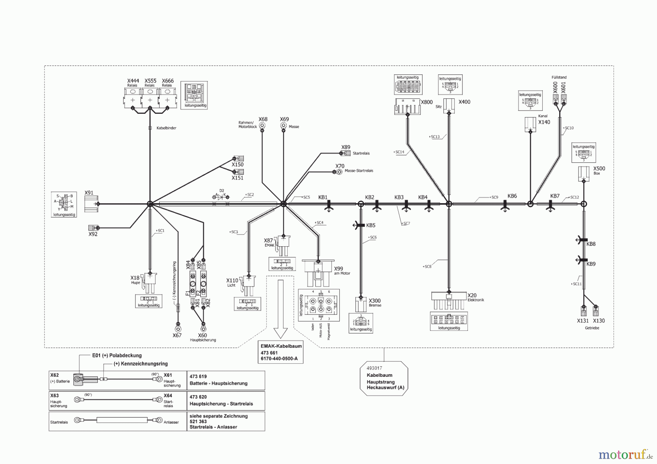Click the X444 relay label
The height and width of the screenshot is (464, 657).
(x=133, y=81)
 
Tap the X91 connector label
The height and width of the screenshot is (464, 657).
(x=89, y=193)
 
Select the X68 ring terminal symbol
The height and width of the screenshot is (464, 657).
(x=262, y=126)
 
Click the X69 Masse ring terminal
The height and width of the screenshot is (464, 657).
(x=284, y=126)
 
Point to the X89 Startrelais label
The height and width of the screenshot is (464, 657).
(x=346, y=147)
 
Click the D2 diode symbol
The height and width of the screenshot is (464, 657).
(x=220, y=197)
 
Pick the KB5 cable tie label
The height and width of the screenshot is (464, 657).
(x=370, y=225)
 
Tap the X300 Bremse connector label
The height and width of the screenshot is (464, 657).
(x=374, y=301)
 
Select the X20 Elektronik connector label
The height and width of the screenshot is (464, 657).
(x=472, y=295)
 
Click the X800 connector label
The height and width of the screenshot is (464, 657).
(x=427, y=102)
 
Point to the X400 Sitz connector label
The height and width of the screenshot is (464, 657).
(x=464, y=102)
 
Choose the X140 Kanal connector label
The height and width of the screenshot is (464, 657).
(x=544, y=122)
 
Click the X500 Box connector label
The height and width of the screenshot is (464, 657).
(x=599, y=169)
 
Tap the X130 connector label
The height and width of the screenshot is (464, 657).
(x=599, y=321)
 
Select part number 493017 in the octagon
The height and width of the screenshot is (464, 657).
(x=374, y=368)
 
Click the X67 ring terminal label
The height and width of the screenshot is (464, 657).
(x=177, y=335)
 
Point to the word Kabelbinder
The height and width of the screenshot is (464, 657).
(x=166, y=128)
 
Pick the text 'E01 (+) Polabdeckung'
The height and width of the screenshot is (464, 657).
(x=117, y=355)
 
